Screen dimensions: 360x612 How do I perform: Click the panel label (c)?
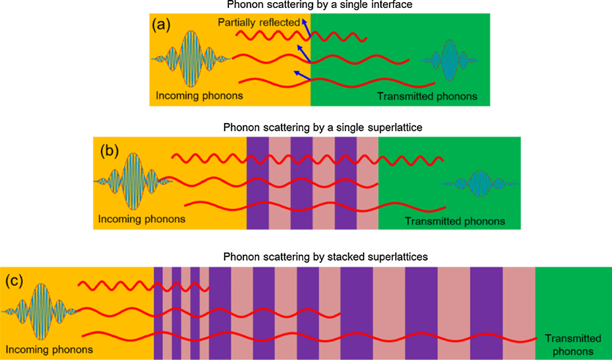point(17,281)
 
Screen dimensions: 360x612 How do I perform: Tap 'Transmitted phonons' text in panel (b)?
point(454,220)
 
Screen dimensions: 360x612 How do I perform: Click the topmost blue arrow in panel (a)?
point(305,29)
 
